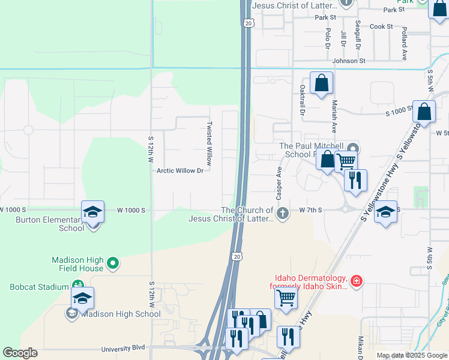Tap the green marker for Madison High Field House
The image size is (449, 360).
point(112,263)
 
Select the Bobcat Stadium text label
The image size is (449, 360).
point(39,287)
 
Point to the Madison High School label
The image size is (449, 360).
point(121,314)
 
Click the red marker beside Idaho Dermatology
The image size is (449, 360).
point(356,281)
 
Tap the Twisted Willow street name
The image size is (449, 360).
point(209,144)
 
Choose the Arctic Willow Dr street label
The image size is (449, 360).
point(180,170)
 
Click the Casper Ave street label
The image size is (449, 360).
point(279,184)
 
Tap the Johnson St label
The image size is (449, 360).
point(349,61)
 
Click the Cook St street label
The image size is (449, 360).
point(381,26)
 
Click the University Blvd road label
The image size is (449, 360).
point(124,348)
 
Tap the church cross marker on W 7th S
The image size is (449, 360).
point(282,213)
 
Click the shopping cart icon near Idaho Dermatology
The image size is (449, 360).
point(287,296)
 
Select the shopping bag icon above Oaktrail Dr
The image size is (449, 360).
point(321,83)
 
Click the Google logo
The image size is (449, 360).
point(20,353)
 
